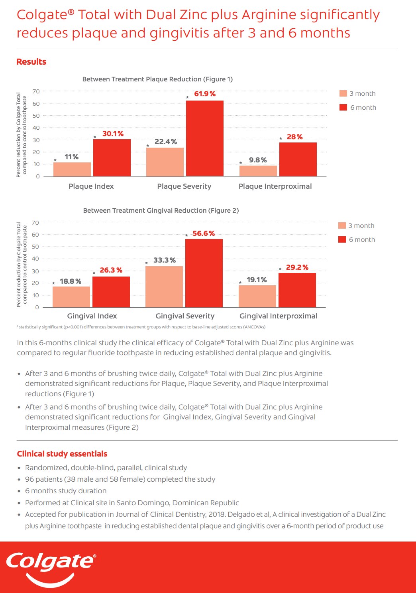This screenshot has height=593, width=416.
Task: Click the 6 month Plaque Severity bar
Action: coord(205,138)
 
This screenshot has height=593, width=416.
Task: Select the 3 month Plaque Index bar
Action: coord(72,169)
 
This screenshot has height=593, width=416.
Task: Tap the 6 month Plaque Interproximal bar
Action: coord(298,159)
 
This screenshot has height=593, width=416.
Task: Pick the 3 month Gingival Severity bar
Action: coord(164,287)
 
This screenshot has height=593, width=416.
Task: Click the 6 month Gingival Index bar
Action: coord(111,292)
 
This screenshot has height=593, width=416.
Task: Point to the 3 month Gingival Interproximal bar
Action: coord(257,296)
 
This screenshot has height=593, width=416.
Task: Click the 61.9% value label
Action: coord(205,94)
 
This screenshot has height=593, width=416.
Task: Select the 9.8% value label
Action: coord(258,160)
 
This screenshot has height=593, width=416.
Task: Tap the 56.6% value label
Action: coord(204,233)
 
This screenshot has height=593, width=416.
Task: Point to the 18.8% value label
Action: coord(71,281)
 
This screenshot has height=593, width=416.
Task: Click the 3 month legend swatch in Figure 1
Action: coord(343,93)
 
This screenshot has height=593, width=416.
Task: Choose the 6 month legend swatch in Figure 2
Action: coord(342,239)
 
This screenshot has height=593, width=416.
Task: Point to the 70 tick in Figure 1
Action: coord(36,91)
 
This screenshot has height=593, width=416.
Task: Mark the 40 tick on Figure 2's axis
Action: coord(36,259)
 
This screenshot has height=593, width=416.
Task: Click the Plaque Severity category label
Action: coord(184,186)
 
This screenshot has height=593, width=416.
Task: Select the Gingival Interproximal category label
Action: coord(278,316)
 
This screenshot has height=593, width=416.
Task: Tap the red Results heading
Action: coord(31,62)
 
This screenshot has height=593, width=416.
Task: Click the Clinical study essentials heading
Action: coord(62,454)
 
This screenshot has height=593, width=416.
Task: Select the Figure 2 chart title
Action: coord(161,210)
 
